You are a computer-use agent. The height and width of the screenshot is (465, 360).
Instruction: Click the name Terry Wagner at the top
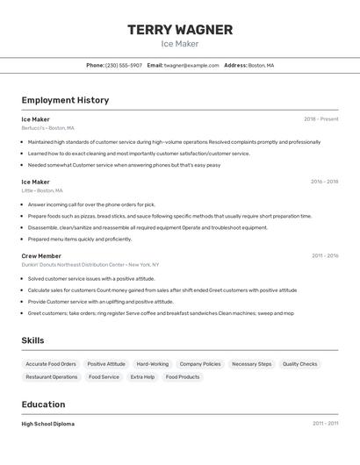180,30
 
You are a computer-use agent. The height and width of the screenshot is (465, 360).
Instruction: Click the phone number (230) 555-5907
124,65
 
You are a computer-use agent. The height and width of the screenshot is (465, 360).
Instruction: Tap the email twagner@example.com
191,65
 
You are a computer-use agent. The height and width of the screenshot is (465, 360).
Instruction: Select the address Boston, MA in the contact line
261,65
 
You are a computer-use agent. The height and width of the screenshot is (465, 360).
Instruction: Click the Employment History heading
65,100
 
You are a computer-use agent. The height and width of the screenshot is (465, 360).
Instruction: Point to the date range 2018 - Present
320,118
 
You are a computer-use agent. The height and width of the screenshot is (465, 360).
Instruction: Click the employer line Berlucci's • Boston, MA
47,127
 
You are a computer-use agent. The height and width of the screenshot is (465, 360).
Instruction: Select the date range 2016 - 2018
324,182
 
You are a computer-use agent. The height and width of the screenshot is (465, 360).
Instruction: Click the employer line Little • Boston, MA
42,190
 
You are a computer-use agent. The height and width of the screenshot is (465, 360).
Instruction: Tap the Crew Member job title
41,255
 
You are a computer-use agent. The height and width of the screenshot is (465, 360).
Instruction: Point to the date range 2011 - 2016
324,255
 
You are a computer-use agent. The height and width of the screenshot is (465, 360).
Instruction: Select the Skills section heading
32,340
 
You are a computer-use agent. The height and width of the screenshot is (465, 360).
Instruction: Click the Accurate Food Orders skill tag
51,363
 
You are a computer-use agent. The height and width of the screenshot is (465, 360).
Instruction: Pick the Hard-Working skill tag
153,363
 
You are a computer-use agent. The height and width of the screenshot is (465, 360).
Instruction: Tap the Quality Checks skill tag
299,363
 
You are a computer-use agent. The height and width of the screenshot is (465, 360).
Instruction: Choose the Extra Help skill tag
142,376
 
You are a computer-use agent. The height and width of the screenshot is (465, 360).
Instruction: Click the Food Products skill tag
183,376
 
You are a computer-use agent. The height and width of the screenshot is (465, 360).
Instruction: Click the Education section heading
43,404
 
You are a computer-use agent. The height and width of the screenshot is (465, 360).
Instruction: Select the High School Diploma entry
47,424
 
